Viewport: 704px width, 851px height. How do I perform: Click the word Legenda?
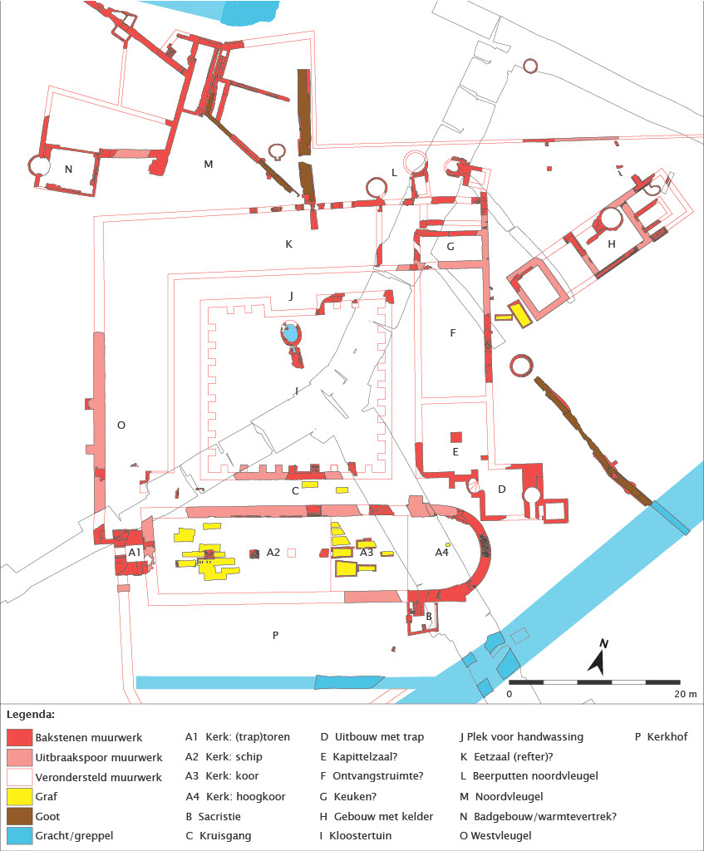coord(31,714)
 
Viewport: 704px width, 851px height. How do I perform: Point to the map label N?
coord(68,169)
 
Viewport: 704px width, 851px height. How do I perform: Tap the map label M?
coord(209,164)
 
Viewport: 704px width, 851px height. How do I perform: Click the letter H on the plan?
coord(612,243)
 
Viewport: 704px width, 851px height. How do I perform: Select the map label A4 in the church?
coord(441,552)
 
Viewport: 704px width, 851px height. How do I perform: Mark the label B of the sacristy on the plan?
coord(428,617)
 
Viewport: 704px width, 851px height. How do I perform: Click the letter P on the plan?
coord(275,636)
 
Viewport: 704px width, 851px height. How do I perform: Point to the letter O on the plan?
coord(121,425)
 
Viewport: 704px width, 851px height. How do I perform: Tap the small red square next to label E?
coord(455,437)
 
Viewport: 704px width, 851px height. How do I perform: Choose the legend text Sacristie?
coord(219,816)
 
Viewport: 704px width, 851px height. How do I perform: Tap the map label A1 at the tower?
coord(134,553)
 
